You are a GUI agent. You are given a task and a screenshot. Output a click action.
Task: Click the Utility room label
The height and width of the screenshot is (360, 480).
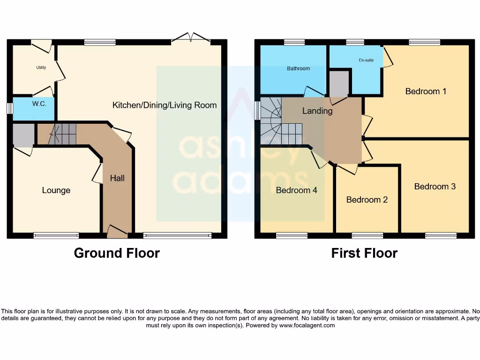tap(41, 67)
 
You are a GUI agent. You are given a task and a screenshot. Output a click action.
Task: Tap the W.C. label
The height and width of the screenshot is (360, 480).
tap(39, 104)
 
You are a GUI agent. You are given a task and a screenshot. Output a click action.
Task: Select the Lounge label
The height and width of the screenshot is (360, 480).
tap(56, 190)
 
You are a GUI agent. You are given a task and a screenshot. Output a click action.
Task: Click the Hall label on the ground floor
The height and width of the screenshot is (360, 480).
tap(117, 178)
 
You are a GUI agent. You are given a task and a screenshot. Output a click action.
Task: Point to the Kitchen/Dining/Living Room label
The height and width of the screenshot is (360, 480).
tap(165, 105)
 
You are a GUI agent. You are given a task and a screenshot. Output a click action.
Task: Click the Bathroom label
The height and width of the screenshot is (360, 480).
tap(299, 68)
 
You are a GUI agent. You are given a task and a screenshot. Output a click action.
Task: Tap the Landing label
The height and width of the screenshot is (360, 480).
tap(317, 111)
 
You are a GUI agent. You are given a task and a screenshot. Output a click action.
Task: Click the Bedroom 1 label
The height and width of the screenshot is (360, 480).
tap(426, 91)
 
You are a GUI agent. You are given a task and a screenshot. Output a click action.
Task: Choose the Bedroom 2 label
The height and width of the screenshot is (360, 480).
tap(367, 200)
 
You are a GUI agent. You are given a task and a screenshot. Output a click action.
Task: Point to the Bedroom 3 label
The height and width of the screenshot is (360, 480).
tap(435, 187)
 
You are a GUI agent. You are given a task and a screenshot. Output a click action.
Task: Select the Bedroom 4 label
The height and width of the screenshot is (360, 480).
tap(297, 190)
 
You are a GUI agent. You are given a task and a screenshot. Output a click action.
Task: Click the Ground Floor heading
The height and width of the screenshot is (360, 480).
tap(117, 253)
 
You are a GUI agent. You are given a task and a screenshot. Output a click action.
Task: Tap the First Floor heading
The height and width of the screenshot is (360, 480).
tap(364, 253)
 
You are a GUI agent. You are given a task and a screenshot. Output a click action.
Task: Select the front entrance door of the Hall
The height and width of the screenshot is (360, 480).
tap(117, 231)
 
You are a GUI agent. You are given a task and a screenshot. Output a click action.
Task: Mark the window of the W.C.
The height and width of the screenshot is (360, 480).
tap(10, 108)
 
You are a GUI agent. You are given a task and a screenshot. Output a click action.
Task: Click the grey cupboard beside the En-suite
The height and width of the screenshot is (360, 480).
tap(339, 84)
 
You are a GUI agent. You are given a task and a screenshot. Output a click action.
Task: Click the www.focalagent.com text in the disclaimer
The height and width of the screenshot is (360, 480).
tap(307, 325)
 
